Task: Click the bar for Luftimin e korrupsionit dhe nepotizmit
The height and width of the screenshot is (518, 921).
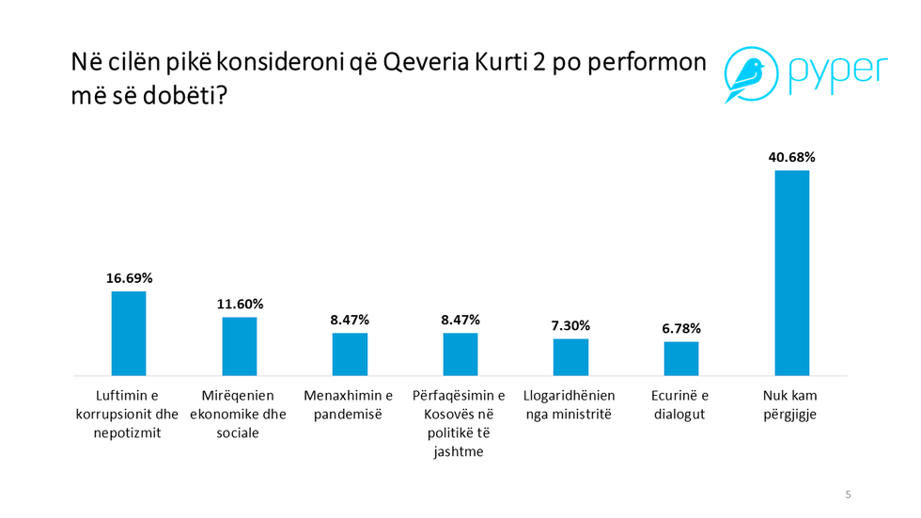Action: pos(129,333)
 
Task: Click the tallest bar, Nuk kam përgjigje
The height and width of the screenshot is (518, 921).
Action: pos(791,273)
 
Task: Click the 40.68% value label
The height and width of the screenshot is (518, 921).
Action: pos(791,158)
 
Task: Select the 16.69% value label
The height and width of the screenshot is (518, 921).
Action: pos(129,278)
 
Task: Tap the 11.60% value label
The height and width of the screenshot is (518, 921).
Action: pos(239,305)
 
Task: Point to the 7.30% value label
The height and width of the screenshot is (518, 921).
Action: pos(570,325)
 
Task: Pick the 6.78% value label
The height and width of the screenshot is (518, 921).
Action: pos(681,328)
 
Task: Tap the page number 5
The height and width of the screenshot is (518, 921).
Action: pos(848,494)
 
